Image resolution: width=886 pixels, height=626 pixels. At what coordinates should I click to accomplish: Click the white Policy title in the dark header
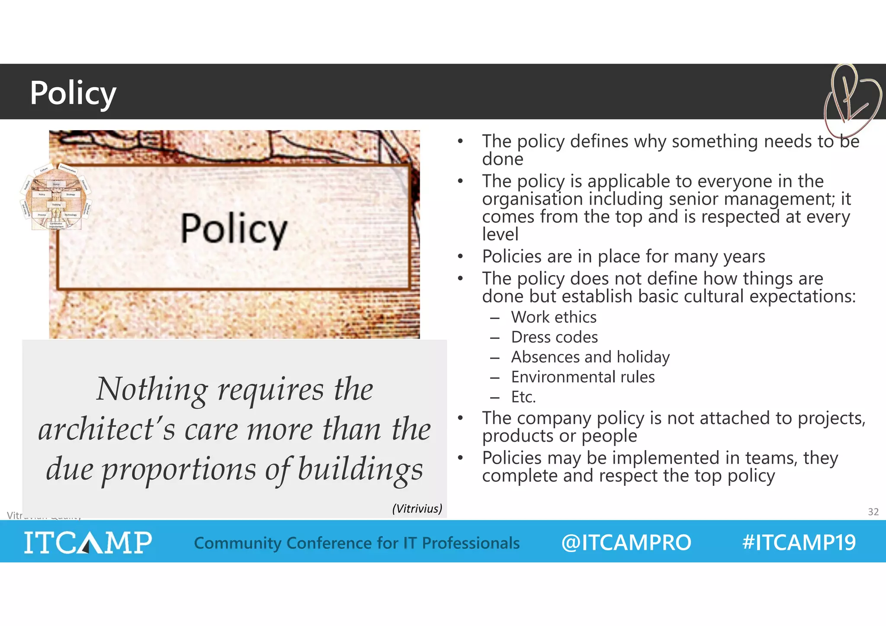click(x=73, y=93)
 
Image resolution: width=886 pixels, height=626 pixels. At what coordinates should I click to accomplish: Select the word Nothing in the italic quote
click(x=152, y=389)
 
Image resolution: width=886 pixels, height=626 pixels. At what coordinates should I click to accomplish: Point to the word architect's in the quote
click(x=106, y=429)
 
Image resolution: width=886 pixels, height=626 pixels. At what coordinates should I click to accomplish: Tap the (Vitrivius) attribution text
click(x=417, y=508)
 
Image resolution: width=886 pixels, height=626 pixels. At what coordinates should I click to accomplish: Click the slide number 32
click(x=873, y=512)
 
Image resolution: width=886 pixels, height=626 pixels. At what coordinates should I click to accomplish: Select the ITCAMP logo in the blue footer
click(x=88, y=542)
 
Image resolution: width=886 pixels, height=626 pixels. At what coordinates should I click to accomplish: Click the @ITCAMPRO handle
click(x=626, y=543)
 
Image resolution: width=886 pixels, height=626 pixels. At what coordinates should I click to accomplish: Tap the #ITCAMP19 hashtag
click(x=799, y=543)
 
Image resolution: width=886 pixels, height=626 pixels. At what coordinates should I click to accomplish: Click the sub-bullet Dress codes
click(x=554, y=337)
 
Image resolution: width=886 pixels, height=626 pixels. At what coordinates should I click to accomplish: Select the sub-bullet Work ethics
click(x=553, y=317)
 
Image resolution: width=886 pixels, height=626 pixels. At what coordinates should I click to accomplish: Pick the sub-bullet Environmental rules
click(x=583, y=377)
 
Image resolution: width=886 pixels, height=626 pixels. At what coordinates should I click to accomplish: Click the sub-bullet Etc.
click(x=523, y=397)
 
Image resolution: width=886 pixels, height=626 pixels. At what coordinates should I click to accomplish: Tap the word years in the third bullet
click(x=744, y=257)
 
